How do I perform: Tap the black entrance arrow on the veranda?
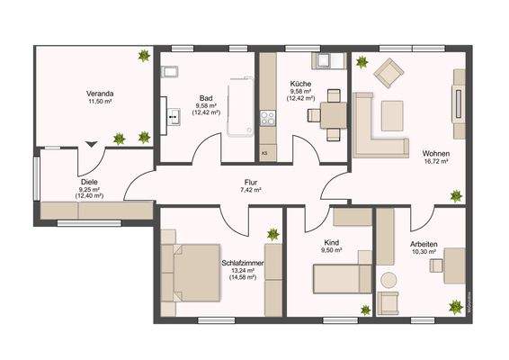tap(90, 143)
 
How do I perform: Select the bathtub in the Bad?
tap(241, 108)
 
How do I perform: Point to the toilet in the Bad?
tap(172, 71)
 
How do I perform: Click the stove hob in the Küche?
tap(267, 116)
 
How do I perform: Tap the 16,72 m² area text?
tap(436, 163)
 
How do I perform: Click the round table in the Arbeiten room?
tap(388, 280)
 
